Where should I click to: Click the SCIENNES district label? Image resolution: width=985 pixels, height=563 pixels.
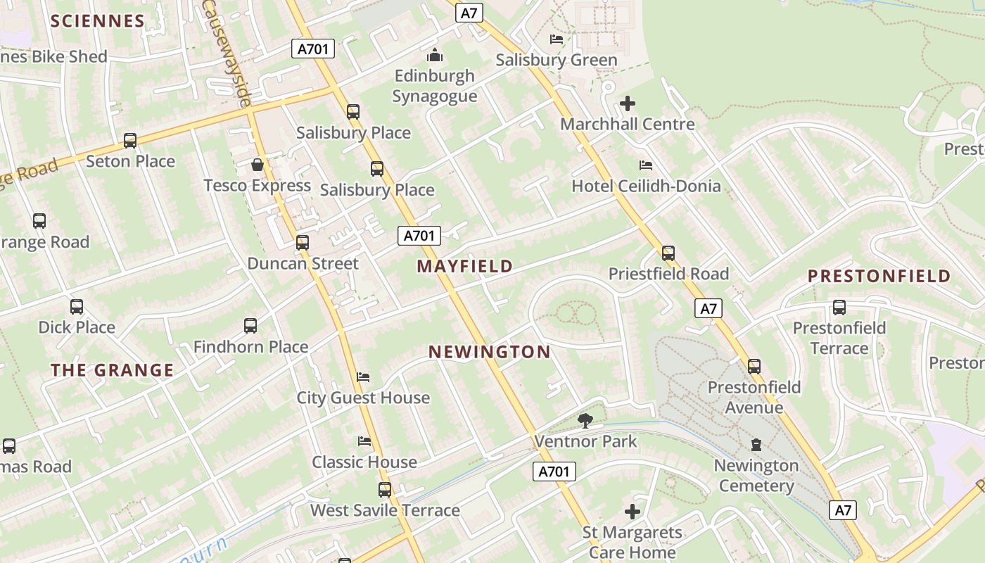(98, 20)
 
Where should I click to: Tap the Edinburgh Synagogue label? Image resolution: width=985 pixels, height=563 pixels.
(435, 86)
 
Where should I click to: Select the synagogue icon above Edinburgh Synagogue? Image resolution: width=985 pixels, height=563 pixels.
(435, 54)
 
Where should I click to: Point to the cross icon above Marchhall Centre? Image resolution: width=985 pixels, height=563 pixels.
(627, 104)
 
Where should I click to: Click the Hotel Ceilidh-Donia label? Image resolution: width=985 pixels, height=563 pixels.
(646, 186)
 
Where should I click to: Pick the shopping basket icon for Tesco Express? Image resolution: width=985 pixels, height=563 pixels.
(258, 165)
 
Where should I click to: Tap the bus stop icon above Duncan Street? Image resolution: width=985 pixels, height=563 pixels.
(303, 243)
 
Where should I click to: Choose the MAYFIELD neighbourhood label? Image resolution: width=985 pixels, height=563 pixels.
(464, 266)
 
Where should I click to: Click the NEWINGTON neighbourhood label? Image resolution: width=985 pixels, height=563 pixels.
(490, 352)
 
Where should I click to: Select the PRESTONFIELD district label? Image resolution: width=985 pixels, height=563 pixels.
(879, 276)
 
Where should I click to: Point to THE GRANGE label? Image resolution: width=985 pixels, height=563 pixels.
(112, 370)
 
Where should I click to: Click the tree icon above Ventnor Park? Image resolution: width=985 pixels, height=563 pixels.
(585, 421)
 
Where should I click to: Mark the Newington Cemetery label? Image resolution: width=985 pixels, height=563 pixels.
(756, 476)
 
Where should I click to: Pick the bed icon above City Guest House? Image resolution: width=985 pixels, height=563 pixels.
(363, 377)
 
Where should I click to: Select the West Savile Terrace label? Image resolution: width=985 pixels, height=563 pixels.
(385, 510)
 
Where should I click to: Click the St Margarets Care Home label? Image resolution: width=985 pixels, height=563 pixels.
(632, 542)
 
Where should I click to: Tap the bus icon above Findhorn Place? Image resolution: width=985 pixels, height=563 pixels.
(250, 326)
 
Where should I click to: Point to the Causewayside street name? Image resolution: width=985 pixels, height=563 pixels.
(227, 53)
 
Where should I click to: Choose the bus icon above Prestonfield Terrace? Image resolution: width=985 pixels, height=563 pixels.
(839, 308)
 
